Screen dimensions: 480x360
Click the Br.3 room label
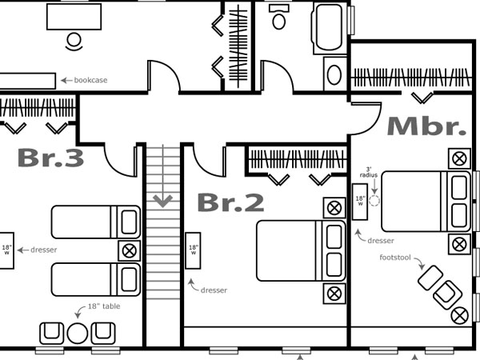[x=51, y=158]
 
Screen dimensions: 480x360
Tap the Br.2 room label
[x=231, y=202]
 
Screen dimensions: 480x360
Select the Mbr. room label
[x=426, y=126]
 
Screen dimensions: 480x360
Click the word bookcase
[x=90, y=80]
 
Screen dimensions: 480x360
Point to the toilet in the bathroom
[x=279, y=17]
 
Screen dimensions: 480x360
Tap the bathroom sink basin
[x=334, y=74]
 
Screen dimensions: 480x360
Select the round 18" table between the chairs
[x=78, y=334]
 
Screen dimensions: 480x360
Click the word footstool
[x=395, y=258]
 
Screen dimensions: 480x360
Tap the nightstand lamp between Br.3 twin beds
[x=129, y=251]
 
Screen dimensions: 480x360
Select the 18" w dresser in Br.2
[x=193, y=250]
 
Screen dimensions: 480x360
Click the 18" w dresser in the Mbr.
[x=360, y=202]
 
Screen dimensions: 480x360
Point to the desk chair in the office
[x=74, y=42]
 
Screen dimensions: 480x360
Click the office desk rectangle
[x=74, y=17]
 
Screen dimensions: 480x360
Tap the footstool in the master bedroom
[x=430, y=278]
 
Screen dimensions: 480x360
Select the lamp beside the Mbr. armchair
[x=459, y=316]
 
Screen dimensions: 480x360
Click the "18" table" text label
[x=104, y=306]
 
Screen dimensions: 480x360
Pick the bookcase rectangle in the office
[x=27, y=81]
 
